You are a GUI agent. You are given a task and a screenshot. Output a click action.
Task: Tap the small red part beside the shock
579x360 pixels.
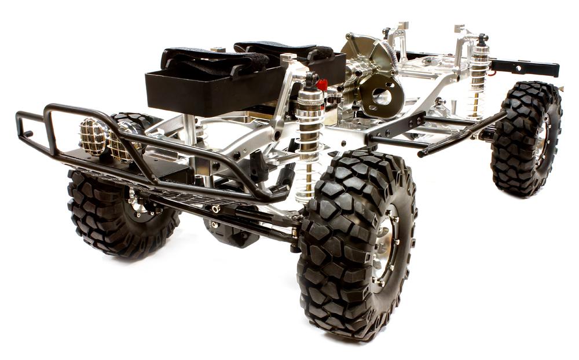pyautogui.click(x=322, y=85)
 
